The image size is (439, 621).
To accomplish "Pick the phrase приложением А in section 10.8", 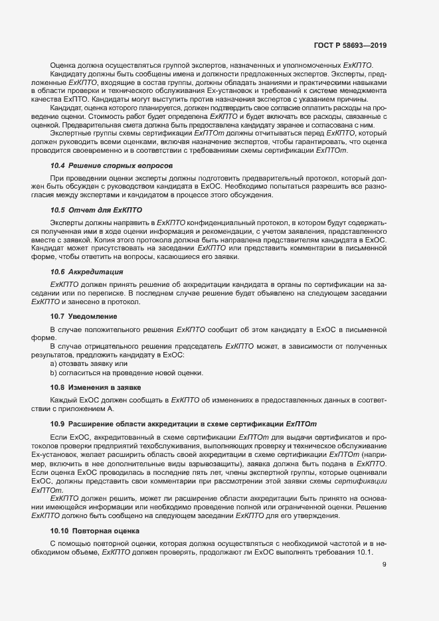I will point(74,408).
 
